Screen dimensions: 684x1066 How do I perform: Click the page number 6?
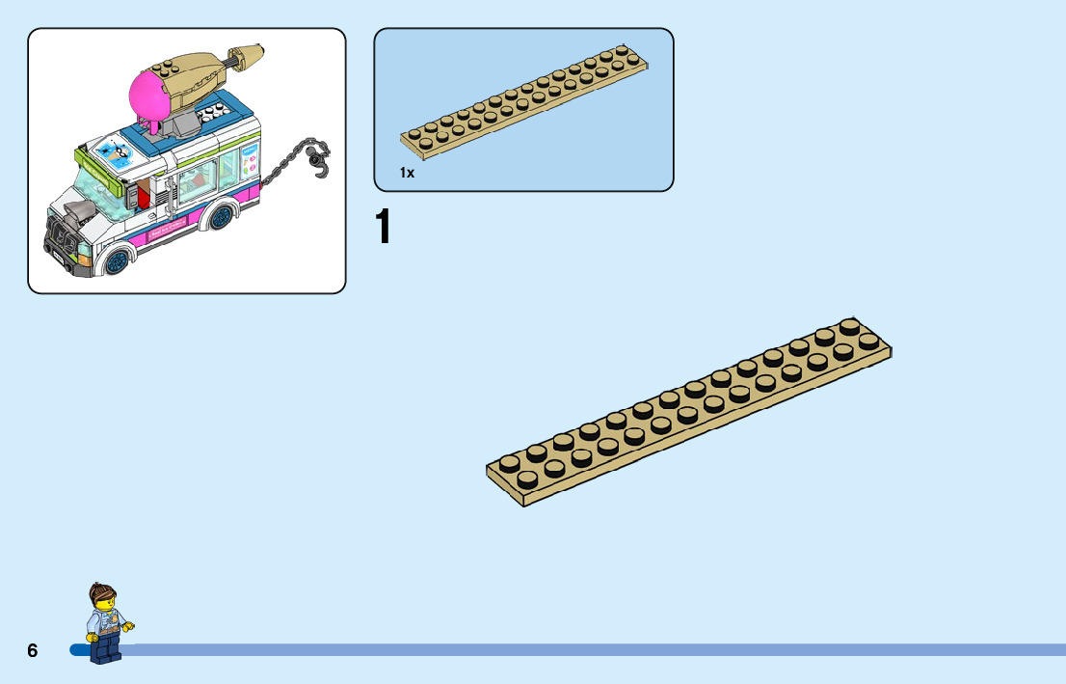[32, 651]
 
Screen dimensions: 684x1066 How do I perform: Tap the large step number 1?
[384, 228]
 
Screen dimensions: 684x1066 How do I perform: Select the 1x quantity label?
[407, 174]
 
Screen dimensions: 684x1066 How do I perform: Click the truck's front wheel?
[118, 259]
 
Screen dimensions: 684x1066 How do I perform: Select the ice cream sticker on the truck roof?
[115, 151]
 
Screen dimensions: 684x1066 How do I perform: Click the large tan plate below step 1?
[688, 413]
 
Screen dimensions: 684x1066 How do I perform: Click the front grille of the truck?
[60, 237]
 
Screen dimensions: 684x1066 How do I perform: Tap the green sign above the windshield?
[97, 169]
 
